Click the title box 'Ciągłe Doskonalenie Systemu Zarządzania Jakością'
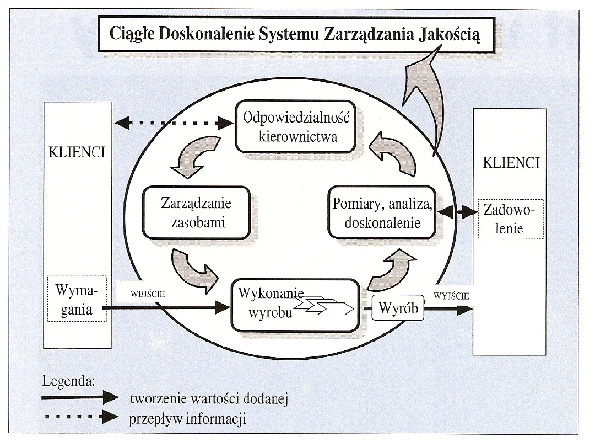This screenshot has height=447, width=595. coord(296,35)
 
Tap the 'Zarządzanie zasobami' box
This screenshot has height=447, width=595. coord(196,212)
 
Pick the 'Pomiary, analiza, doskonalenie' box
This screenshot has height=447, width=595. coord(384,212)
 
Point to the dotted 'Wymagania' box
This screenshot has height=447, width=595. coord(76,299)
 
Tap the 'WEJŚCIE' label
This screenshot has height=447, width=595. coord(148,294)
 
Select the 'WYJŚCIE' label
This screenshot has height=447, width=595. coord(452,296)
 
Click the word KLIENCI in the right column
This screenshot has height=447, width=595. coord(511,163)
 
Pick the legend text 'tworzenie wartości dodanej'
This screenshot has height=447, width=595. coord(209,398)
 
